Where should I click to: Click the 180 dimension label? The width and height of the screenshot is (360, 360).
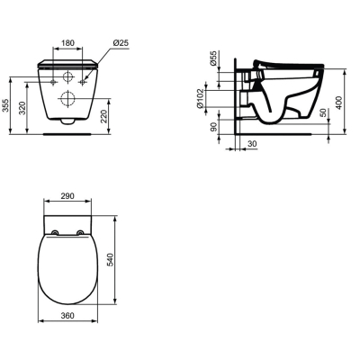[x=67, y=43]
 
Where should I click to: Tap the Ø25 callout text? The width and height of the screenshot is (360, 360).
[x=121, y=43]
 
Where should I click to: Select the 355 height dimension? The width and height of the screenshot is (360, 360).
[x=5, y=105]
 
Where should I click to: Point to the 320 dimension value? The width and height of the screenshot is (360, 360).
[x=22, y=108]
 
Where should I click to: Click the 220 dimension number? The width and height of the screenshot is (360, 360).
[x=103, y=116]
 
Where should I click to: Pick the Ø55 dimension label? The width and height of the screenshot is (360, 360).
[x=212, y=58]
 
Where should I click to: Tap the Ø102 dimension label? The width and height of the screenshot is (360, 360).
[x=200, y=98]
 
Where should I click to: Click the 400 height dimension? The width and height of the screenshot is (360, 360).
[x=339, y=103]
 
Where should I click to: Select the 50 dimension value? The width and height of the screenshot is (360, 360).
[x=323, y=112]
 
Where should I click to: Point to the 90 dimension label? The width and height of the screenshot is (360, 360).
[x=213, y=127]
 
